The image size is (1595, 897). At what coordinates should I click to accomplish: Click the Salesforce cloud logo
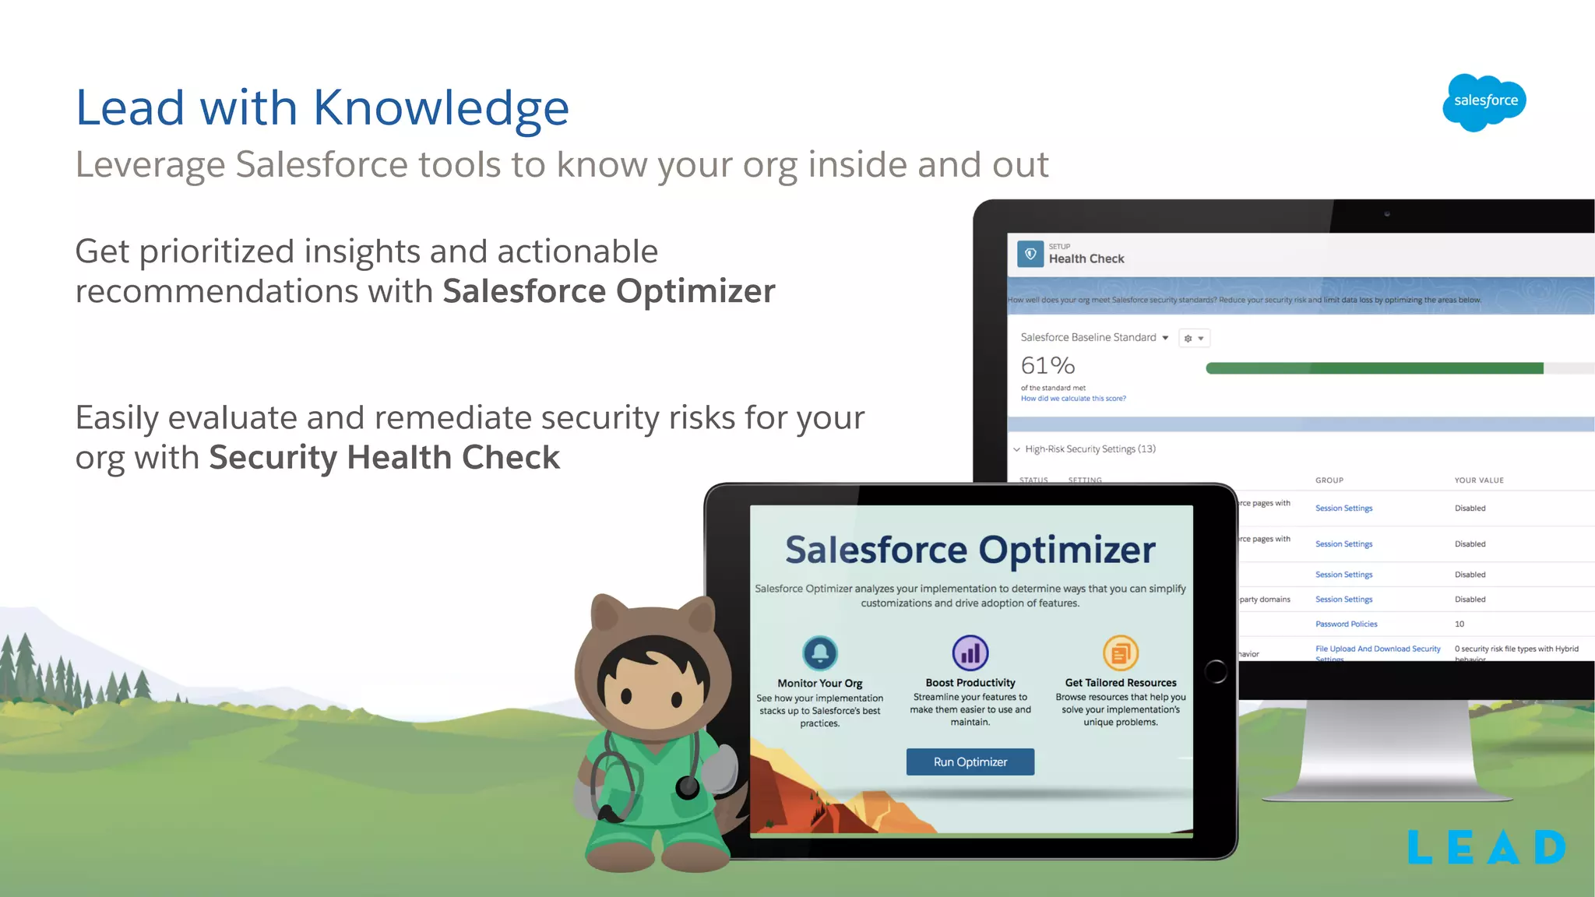tap(1484, 102)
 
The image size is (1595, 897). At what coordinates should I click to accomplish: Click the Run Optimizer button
tap(970, 762)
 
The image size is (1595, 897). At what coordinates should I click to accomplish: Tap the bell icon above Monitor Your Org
tap(819, 653)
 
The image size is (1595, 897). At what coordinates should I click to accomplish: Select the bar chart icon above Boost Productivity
tap(970, 653)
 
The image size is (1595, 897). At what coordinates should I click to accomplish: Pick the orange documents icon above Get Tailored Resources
tap(1120, 653)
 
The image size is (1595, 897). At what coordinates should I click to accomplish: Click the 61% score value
tap(1047, 365)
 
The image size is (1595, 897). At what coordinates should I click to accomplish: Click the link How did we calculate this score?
tap(1073, 399)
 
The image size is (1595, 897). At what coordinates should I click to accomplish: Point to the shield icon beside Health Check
tap(1030, 254)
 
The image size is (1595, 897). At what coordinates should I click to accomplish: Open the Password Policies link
tap(1346, 624)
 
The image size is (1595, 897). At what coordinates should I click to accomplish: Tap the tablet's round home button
tap(1215, 671)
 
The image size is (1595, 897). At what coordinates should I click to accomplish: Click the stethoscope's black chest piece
tap(688, 787)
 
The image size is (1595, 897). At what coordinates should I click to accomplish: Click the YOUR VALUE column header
tap(1478, 480)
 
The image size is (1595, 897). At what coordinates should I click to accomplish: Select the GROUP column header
tap(1329, 480)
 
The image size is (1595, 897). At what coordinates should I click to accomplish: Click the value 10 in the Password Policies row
tap(1459, 624)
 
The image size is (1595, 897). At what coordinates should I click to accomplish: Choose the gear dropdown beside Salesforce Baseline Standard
tap(1193, 338)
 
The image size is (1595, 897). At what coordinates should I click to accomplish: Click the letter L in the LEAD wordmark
tap(1420, 847)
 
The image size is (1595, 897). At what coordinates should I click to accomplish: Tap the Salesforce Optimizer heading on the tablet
tap(970, 550)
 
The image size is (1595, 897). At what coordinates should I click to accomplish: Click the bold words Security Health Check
tap(384, 458)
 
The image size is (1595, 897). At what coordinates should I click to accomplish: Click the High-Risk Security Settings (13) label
tap(1090, 449)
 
